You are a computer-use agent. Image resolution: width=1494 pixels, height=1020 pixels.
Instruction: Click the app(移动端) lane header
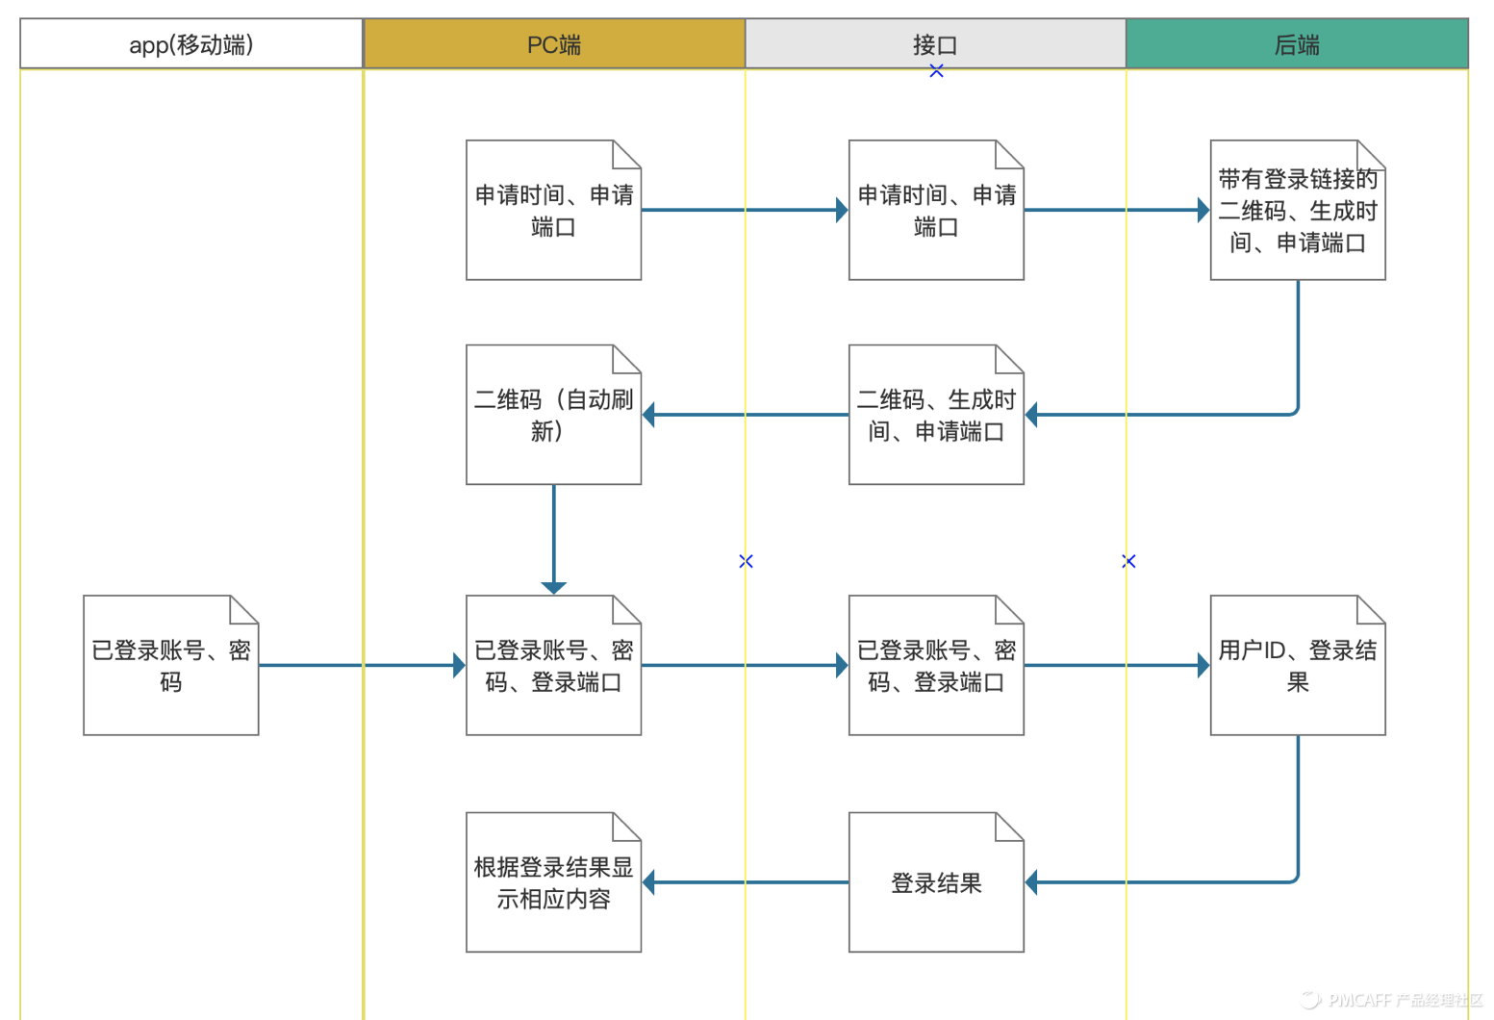coord(191,44)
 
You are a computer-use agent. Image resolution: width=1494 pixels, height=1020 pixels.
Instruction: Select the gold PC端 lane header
coord(554,44)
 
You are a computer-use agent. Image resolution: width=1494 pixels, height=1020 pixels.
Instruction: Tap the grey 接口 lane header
coord(935,44)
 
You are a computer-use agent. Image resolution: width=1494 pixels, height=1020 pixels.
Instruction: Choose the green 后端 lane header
coord(1297,44)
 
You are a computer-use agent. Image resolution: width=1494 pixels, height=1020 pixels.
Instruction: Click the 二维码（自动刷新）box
coord(553,415)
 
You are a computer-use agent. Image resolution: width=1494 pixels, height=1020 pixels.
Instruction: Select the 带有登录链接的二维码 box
coord(1297,211)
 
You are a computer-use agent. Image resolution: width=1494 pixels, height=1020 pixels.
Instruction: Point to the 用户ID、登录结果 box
coord(1297,666)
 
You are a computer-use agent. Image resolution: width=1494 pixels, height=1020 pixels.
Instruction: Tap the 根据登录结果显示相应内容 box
coord(553,882)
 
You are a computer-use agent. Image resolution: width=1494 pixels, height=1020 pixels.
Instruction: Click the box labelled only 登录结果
coord(935,882)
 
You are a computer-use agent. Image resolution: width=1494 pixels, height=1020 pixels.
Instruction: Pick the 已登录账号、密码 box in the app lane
coord(170,666)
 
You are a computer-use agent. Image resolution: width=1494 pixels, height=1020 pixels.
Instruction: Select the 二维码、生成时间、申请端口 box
coord(935,415)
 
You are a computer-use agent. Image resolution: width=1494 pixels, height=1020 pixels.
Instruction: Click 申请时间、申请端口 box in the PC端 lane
coord(553,211)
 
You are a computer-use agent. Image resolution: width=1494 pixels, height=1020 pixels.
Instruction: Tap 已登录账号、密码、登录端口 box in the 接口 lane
coord(935,666)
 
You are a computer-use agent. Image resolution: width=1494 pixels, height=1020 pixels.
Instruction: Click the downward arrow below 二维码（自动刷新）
coord(554,539)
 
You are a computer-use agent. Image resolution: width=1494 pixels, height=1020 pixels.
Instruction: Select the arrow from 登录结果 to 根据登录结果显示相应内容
coord(746,882)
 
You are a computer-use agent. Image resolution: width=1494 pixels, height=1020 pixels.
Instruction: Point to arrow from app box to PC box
coord(362,665)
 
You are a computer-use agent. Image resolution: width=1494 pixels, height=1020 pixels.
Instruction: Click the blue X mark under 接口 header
coord(936,71)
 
